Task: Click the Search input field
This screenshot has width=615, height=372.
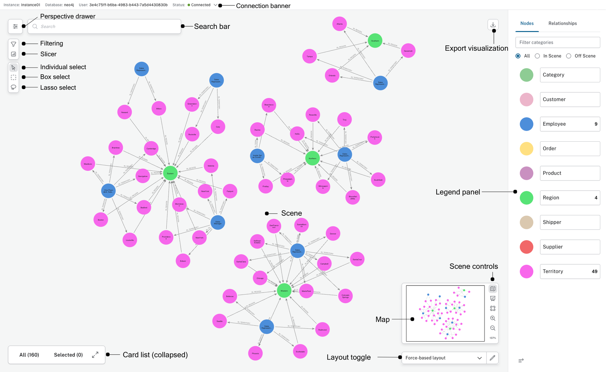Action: (106, 27)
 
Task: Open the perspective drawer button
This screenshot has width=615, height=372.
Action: (15, 27)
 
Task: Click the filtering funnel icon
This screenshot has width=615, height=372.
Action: (13, 44)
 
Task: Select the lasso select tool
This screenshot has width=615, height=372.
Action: (13, 87)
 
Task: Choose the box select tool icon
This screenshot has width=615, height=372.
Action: (13, 77)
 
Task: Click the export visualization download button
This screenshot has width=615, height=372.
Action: (493, 25)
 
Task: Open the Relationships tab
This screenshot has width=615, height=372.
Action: (562, 23)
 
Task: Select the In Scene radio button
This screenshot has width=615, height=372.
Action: (537, 56)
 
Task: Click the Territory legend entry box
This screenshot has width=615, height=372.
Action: (570, 271)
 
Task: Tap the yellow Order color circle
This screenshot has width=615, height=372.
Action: (526, 149)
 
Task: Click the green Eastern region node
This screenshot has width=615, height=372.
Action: (170, 173)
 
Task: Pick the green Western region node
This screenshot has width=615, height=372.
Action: (284, 291)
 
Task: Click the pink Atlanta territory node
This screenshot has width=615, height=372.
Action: (340, 24)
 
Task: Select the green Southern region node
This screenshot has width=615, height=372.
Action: (375, 41)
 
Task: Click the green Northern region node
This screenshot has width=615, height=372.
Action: (312, 158)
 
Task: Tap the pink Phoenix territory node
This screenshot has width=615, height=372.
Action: (255, 353)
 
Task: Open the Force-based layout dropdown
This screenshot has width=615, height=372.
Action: (444, 358)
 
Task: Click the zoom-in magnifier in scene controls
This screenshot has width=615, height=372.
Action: (493, 318)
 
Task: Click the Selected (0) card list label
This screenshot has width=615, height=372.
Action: (68, 355)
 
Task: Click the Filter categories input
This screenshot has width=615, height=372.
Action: (557, 42)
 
